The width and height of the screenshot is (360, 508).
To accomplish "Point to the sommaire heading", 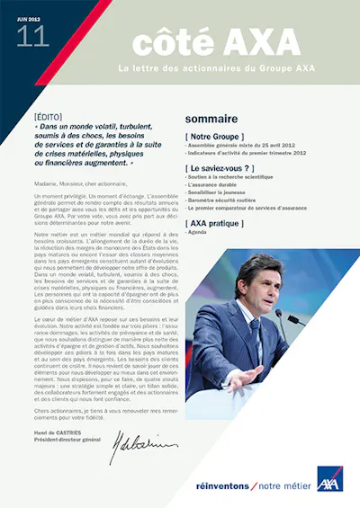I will point(211,119).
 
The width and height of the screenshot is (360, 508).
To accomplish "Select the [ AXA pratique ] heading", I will point(216,222).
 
